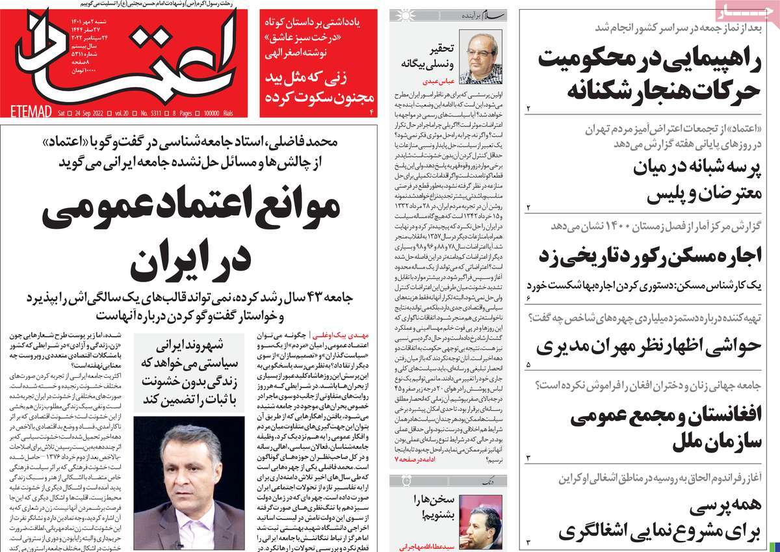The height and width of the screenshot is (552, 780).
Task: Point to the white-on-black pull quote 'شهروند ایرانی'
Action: coord(188,345)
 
